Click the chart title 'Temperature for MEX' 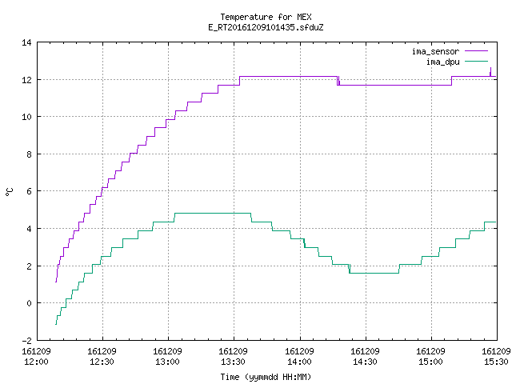pyautogui.click(x=266, y=17)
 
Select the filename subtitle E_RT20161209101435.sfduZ pyautogui.click(x=266, y=27)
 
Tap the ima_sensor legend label pyautogui.click(x=435, y=51)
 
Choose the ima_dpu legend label pyautogui.click(x=442, y=62)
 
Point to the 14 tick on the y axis pyautogui.click(x=26, y=42)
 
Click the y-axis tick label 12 pyautogui.click(x=26, y=80)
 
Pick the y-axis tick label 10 pyautogui.click(x=26, y=117)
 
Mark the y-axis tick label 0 pyautogui.click(x=29, y=303)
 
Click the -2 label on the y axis pyautogui.click(x=26, y=340)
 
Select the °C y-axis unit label pyautogui.click(x=10, y=192)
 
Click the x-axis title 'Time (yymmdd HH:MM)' pyautogui.click(x=266, y=377)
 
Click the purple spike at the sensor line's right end pyautogui.click(x=490, y=72)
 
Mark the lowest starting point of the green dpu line pyautogui.click(x=56, y=325)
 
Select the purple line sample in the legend pyautogui.click(x=477, y=51)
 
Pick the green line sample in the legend pyautogui.click(x=477, y=61)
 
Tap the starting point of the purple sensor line pyautogui.click(x=56, y=282)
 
